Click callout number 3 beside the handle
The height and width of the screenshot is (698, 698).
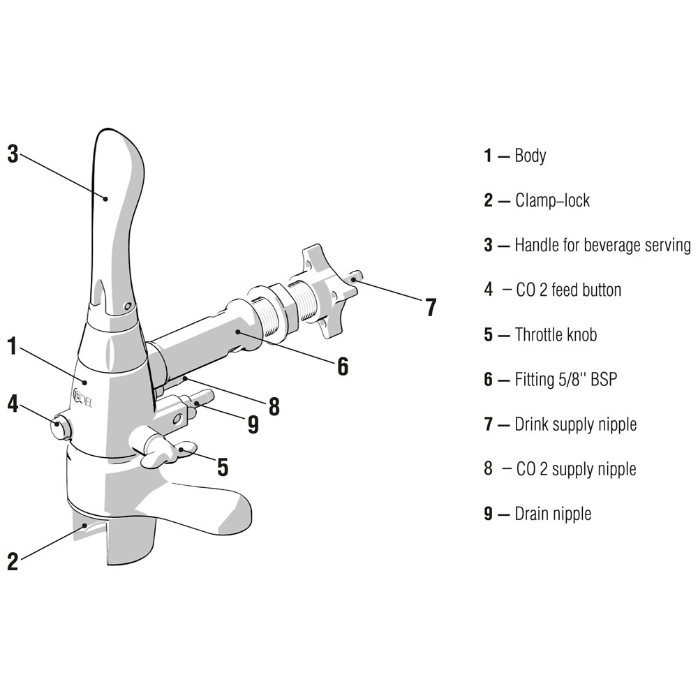click(x=13, y=154)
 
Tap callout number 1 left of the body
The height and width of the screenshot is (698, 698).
click(x=13, y=346)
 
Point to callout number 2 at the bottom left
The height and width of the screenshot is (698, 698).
click(x=13, y=561)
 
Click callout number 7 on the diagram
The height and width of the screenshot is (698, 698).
click(x=431, y=307)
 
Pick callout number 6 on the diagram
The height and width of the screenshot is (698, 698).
click(x=342, y=366)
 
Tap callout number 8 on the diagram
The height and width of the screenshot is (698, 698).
click(x=274, y=406)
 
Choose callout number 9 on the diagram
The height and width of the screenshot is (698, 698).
click(x=253, y=424)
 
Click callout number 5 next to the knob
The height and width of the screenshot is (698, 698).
click(x=223, y=467)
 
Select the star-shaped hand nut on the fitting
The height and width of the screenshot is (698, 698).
click(x=329, y=290)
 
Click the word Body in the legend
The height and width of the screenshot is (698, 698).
click(x=530, y=156)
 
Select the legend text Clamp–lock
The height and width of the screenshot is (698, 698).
click(x=552, y=200)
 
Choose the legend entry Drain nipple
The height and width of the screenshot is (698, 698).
click(x=553, y=514)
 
